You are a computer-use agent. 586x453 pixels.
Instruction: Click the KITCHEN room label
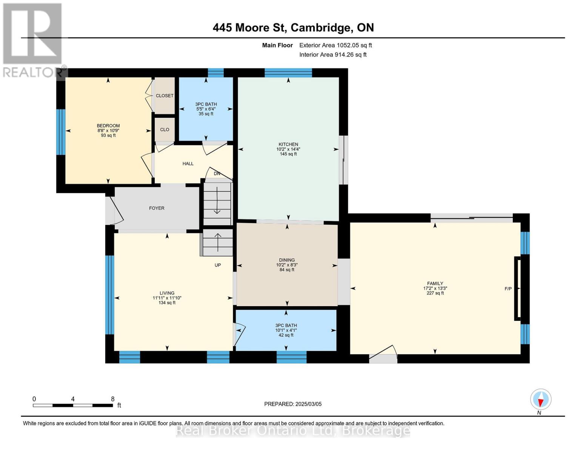(x=288, y=144)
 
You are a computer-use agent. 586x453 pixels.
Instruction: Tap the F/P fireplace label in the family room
(x=508, y=289)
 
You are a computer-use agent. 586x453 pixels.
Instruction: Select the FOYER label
(x=157, y=208)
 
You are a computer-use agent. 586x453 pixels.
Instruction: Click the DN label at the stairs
(x=217, y=174)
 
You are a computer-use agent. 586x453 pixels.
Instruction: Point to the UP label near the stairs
(x=218, y=265)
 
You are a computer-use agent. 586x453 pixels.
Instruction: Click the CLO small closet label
(x=165, y=129)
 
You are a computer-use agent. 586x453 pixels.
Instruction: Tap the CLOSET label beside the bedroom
(x=165, y=96)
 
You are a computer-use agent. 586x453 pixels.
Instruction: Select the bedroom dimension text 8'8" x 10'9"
(x=108, y=131)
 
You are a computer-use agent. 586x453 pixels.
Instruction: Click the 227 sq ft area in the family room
(x=435, y=293)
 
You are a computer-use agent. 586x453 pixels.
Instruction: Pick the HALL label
(x=188, y=163)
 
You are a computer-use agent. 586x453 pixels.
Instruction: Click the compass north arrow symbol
(x=541, y=399)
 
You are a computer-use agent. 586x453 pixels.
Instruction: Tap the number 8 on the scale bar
(x=112, y=399)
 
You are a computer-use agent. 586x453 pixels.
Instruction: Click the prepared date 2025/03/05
(x=308, y=404)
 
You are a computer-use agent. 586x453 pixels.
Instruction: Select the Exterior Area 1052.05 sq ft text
(x=335, y=45)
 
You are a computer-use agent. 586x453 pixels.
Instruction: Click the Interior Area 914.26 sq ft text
(x=333, y=55)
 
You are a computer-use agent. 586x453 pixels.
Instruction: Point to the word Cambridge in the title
(x=320, y=28)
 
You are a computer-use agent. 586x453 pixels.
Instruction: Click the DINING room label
(x=287, y=260)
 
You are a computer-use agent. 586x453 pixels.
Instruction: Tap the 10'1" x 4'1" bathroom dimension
(x=286, y=330)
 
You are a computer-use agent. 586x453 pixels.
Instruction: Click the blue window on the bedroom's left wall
(x=61, y=132)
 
